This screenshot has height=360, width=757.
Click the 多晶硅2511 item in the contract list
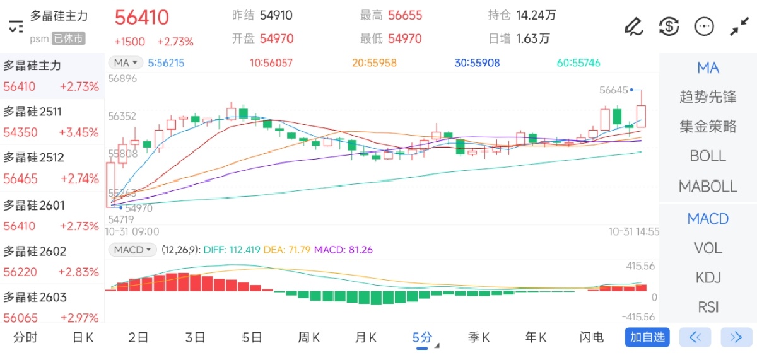[x=33, y=112]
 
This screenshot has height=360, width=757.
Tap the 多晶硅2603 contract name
[x=35, y=297]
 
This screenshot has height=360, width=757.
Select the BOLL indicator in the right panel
[x=708, y=156]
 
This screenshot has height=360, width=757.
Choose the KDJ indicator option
[x=708, y=277]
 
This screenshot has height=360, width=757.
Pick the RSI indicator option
[x=708, y=307]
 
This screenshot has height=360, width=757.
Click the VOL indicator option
[x=708, y=248]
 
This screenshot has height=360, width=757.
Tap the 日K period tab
[x=83, y=337]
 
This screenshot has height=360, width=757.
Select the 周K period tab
[x=308, y=337]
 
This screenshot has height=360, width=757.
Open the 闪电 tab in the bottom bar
[x=591, y=337]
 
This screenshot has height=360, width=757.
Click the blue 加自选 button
[x=647, y=337]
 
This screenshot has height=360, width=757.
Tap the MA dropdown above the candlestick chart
[x=125, y=62]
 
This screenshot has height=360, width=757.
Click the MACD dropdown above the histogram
[x=132, y=250]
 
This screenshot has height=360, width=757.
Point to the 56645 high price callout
[x=614, y=90]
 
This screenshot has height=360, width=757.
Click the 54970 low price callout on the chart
[x=139, y=208]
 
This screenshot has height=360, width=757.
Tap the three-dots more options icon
[x=703, y=26]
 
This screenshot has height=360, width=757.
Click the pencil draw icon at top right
[x=633, y=26]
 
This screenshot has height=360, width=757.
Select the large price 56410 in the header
[x=141, y=17]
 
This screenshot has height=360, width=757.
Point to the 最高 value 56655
[x=405, y=15]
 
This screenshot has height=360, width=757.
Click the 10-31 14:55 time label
[x=634, y=231]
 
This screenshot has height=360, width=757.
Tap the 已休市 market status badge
[x=67, y=38]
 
